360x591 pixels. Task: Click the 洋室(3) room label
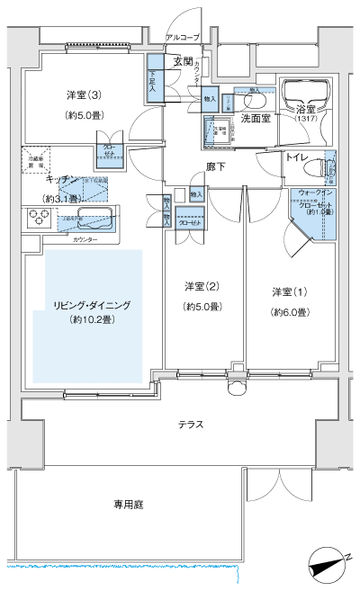(x=84, y=94)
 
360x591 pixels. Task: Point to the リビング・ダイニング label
(x=92, y=307)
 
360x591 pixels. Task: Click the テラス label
(x=190, y=423)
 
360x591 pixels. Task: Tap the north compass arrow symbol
(x=326, y=566)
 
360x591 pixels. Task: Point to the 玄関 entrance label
(x=184, y=61)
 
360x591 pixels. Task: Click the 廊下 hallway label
(x=215, y=166)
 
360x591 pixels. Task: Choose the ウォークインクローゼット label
(x=315, y=199)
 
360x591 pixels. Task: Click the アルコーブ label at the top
(x=182, y=38)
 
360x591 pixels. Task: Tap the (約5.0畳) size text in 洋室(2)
(x=202, y=307)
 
